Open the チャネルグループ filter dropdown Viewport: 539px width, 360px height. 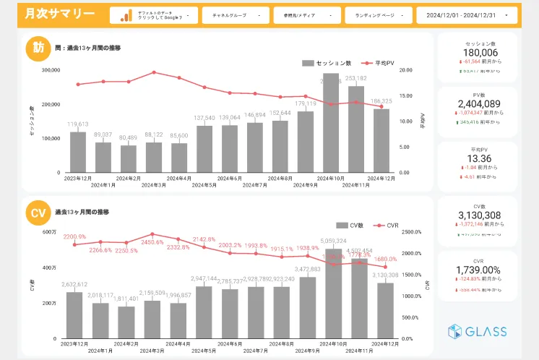tap(236, 15)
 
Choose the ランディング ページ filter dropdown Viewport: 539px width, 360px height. tap(378, 15)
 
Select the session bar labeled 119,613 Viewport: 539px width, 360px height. tap(78, 152)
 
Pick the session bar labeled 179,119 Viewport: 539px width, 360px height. tap(306, 142)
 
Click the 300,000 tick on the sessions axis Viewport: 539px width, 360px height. tap(51, 70)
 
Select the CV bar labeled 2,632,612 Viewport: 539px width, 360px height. tap(74, 315)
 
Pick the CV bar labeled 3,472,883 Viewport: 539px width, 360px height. tap(309, 308)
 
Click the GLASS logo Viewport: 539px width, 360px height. tap(477, 332)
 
